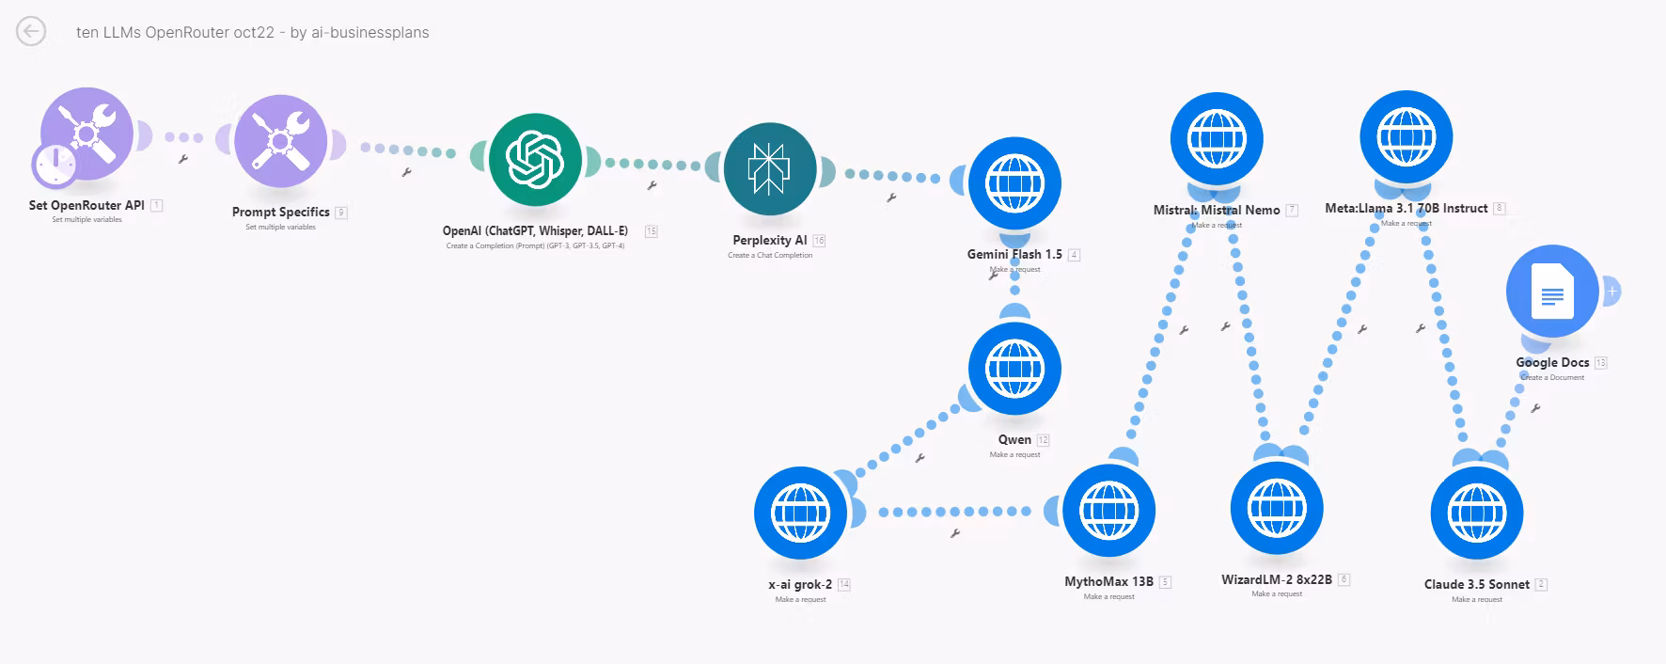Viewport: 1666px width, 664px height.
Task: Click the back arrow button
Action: click(31, 32)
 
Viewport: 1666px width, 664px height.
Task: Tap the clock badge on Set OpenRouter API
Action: click(55, 165)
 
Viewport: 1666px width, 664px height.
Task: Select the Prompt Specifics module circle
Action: click(280, 142)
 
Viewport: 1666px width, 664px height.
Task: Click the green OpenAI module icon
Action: click(535, 159)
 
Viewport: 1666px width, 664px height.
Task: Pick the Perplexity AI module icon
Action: click(770, 169)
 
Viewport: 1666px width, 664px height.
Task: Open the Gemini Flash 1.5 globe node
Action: click(1014, 183)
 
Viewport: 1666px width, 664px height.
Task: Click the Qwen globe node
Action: click(1014, 369)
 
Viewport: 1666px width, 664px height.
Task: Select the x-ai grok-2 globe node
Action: click(800, 513)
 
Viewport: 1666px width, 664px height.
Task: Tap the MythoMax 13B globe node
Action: click(1108, 511)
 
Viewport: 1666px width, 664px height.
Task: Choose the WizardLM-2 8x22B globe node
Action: click(1277, 508)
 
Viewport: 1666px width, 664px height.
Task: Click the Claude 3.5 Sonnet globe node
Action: click(1476, 513)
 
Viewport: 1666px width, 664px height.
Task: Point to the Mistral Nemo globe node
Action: click(1217, 138)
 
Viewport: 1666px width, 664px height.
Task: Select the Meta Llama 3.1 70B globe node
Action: click(1407, 136)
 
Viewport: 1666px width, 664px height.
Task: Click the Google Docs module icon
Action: click(1552, 292)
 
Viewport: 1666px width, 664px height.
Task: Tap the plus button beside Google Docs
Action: click(1611, 292)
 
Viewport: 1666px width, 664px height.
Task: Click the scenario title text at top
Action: click(252, 32)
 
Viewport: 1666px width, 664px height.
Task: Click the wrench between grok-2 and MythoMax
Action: click(955, 533)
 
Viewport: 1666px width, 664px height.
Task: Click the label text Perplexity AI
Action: click(769, 240)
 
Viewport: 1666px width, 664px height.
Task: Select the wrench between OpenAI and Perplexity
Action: click(652, 185)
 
